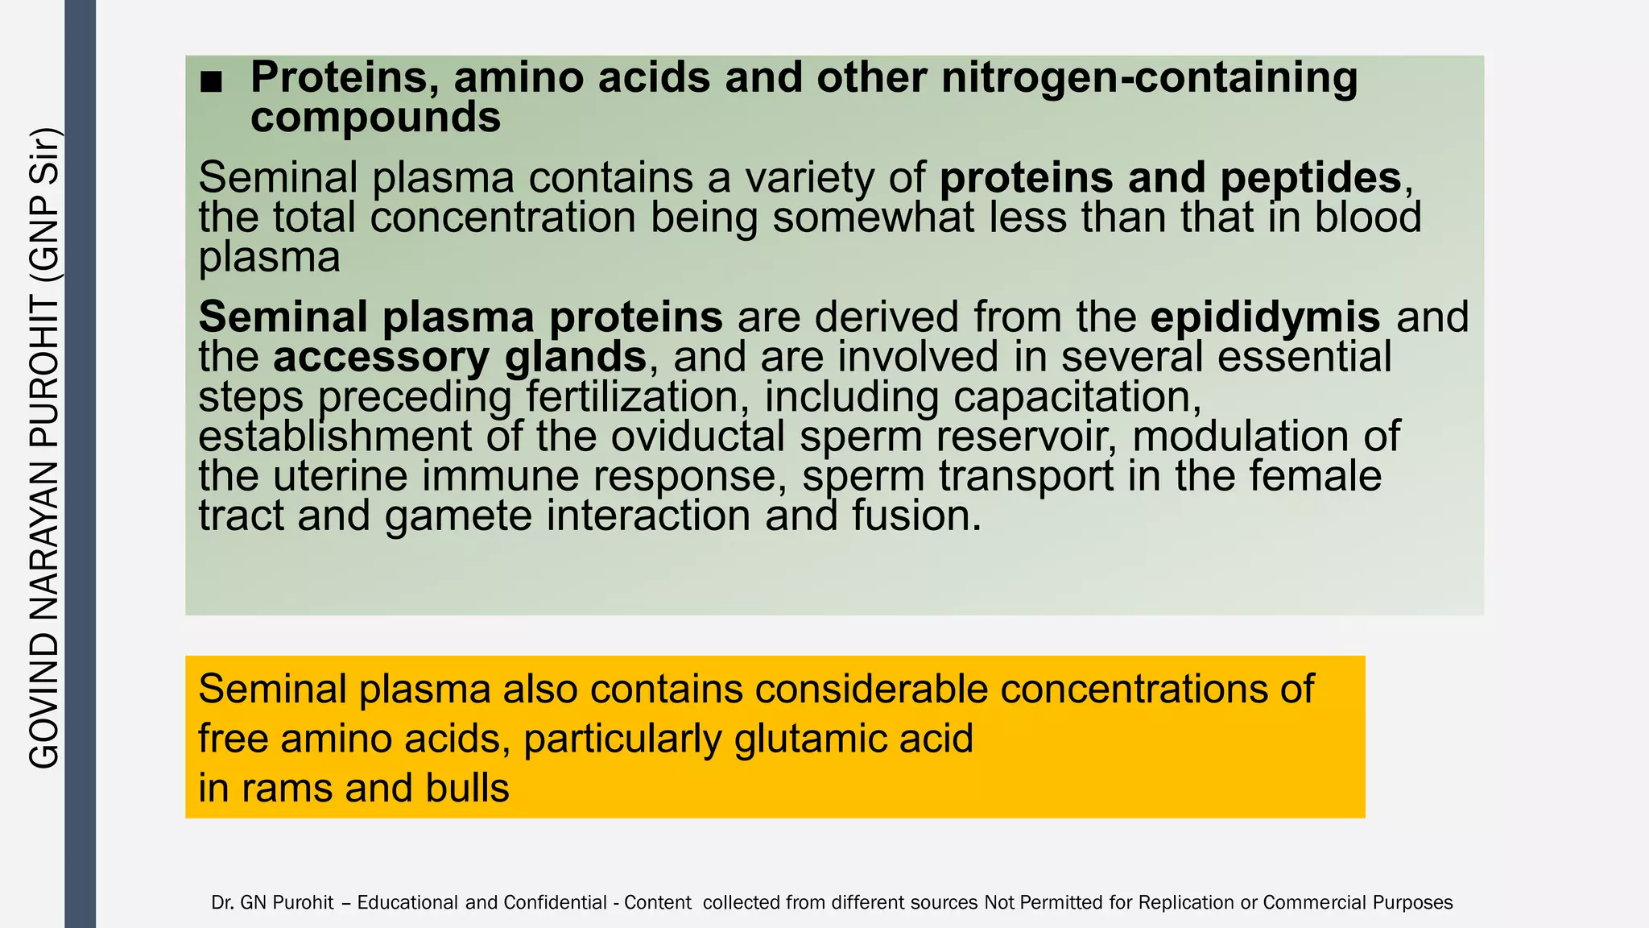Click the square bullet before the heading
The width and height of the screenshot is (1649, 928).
click(x=211, y=81)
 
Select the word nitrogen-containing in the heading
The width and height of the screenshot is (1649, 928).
click(x=1149, y=77)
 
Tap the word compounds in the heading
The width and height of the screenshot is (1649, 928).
click(x=375, y=118)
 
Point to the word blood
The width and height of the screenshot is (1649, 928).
click(x=1368, y=217)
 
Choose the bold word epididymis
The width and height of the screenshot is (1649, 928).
click(x=1265, y=317)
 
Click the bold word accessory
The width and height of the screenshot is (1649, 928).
click(x=380, y=357)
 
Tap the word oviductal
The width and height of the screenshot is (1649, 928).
click(x=697, y=436)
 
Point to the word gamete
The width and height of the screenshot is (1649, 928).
click(x=458, y=516)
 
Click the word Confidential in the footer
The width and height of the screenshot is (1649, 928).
click(x=555, y=903)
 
